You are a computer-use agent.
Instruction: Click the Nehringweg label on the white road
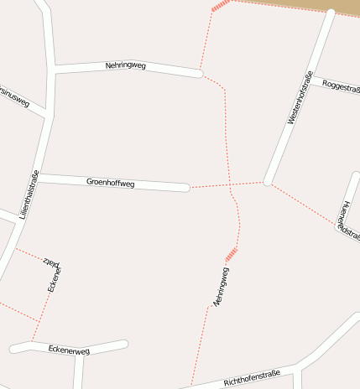coord(126,65)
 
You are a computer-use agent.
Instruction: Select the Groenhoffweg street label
coord(110,182)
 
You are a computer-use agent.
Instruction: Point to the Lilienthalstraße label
coord(29,195)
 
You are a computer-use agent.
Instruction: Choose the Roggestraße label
coord(341,87)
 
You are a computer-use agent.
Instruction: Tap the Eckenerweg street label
coord(69,348)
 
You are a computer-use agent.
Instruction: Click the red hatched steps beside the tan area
coord(220,6)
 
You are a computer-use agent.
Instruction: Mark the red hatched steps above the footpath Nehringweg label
coord(232,254)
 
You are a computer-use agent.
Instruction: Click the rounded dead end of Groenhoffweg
coord(186,187)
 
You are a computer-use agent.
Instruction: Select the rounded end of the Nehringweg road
coord(199,74)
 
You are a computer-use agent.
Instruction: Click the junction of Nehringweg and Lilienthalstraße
coord(54,69)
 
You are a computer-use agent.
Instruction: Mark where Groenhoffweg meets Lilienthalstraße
coord(39,178)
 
